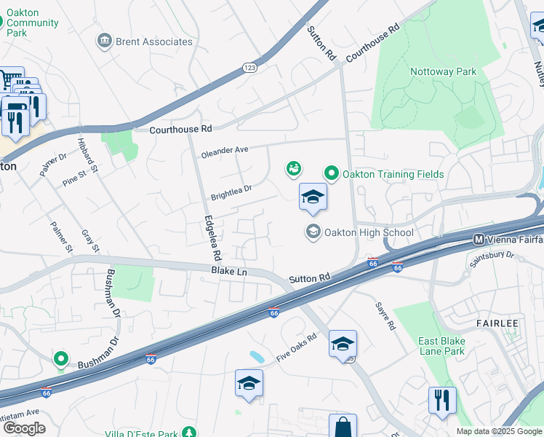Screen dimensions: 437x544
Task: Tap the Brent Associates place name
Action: coord(154,42)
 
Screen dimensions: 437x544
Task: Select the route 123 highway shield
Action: coord(248,66)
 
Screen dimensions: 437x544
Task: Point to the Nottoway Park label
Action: coord(443,71)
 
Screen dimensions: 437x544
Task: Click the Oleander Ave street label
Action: coord(225,150)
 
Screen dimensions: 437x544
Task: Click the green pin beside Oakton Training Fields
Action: coord(332,173)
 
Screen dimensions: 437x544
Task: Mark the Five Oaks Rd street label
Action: coord(297,348)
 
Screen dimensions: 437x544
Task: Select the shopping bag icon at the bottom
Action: coord(343,427)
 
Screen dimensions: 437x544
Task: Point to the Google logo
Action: coord(23,428)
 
